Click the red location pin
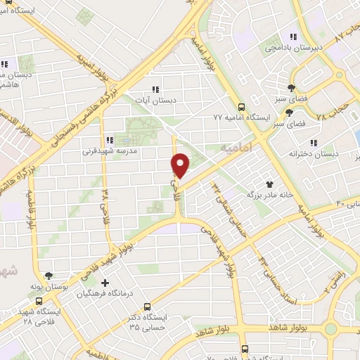click(181, 165)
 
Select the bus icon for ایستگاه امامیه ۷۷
click(241, 108)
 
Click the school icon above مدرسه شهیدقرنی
click(109, 139)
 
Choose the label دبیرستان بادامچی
click(302, 48)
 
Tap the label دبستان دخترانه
click(304, 152)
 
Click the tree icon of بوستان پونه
click(48, 276)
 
